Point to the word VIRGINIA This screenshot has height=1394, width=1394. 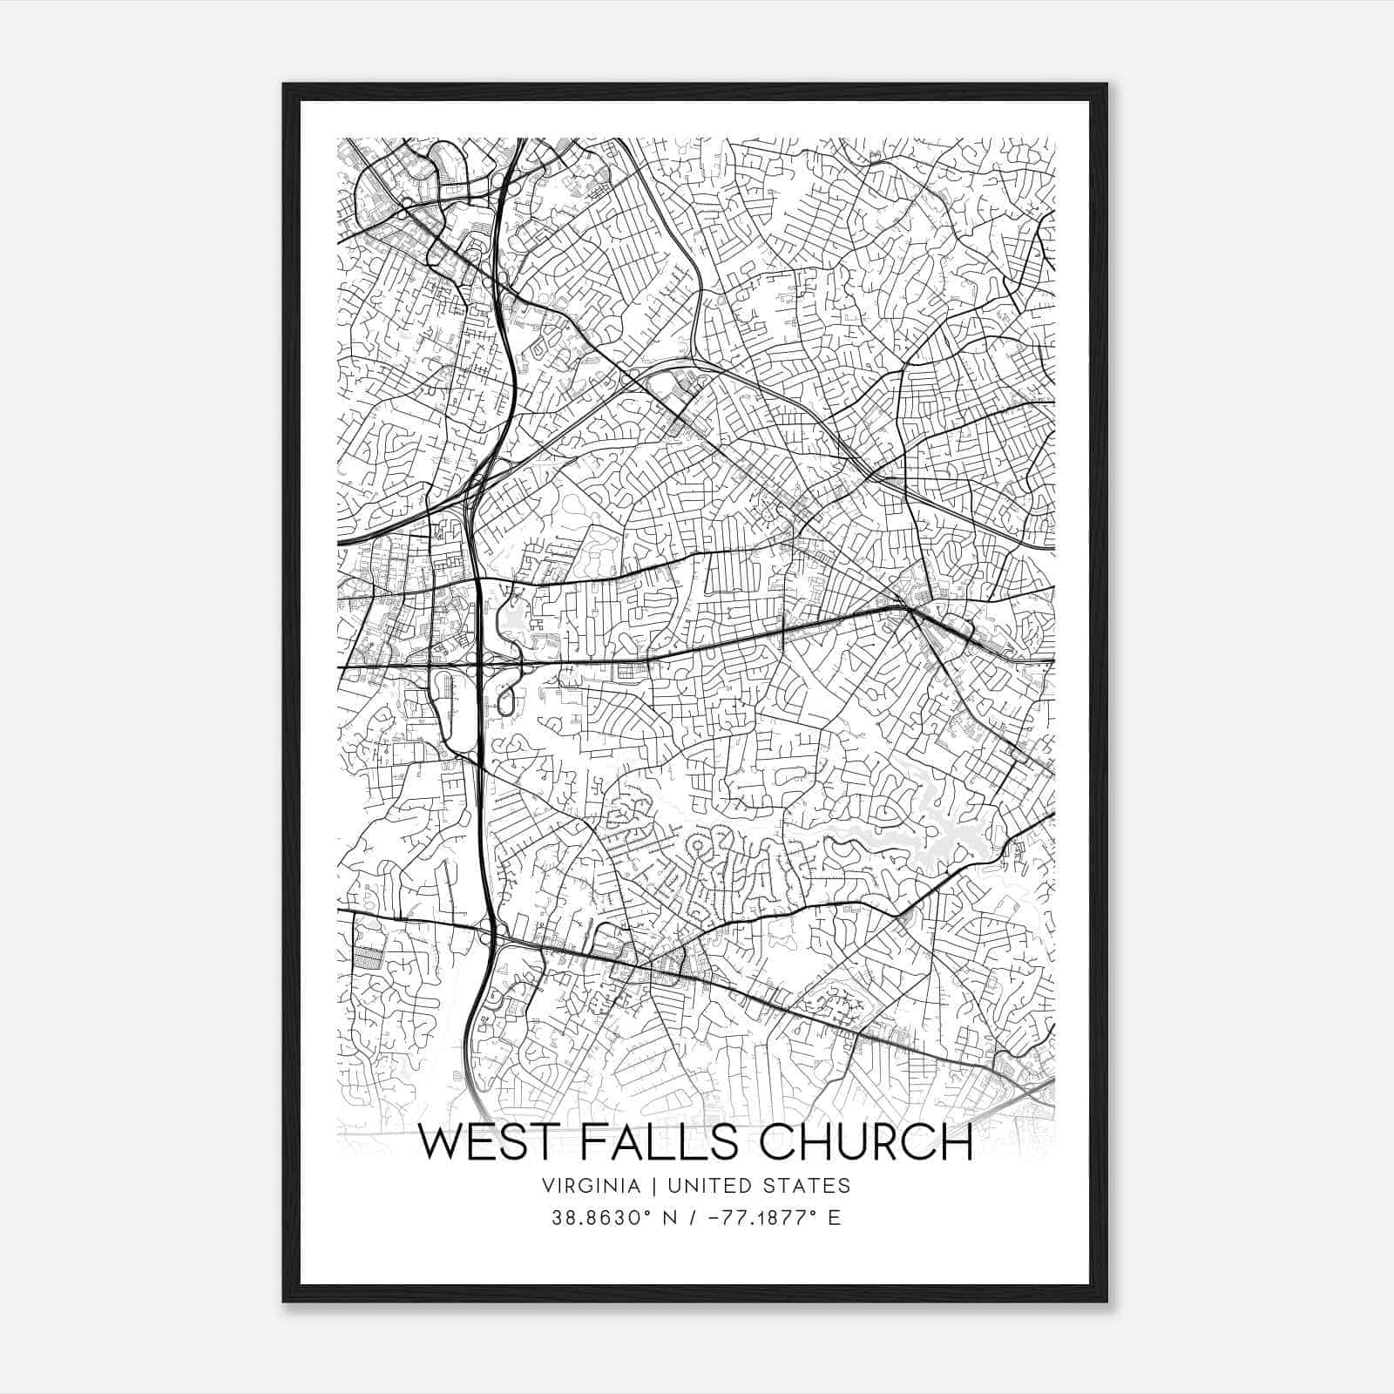point(590,1186)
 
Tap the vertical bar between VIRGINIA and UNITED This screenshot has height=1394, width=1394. point(644,1186)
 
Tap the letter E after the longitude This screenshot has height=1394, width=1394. point(835,1218)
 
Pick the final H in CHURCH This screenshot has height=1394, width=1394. point(957,1142)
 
